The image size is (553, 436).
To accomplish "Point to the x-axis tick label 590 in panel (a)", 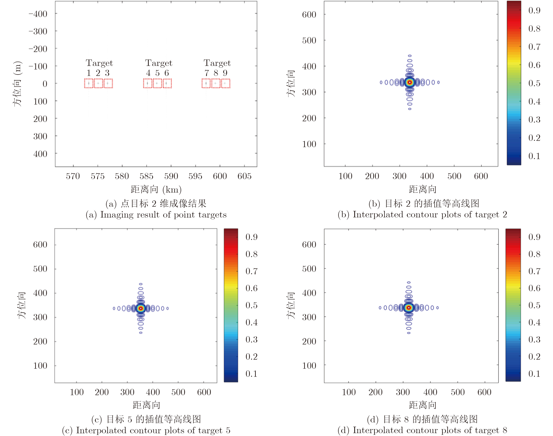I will point(171,176).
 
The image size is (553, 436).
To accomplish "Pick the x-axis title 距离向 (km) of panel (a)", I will point(156,189).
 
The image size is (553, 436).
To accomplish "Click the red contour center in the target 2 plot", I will point(410,82).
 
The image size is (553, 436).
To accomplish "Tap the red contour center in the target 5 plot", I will point(141,308).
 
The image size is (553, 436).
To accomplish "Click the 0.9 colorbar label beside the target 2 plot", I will point(534,10).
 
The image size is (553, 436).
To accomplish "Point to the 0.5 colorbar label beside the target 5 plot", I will point(251,305).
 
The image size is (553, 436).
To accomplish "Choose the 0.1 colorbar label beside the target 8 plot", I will point(534,374).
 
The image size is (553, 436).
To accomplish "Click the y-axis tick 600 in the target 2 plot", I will point(309,15).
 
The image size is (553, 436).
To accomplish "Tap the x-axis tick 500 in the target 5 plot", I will point(178,392).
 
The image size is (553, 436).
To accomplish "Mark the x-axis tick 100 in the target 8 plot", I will point(349,392).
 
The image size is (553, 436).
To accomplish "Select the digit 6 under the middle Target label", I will point(167,73).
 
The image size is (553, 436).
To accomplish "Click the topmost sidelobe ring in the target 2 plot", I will point(410,56).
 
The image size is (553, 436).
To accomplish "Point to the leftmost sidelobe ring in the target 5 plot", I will point(114,308).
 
